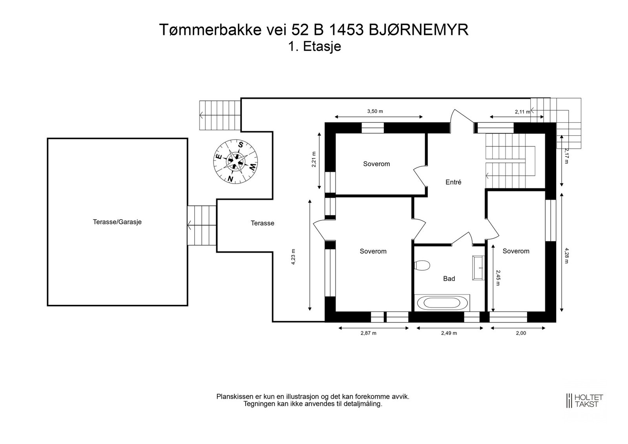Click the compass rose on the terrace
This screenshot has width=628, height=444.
tap(235, 162)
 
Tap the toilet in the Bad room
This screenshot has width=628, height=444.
tap(422, 265)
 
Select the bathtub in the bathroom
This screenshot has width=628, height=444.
tap(442, 303)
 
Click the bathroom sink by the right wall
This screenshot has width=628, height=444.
tap(478, 268)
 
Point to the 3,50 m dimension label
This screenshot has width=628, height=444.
tap(375, 111)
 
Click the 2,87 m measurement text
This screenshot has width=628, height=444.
tap(369, 333)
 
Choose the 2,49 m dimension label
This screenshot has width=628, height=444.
tap(449, 333)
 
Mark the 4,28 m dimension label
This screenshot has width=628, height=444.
tap(566, 256)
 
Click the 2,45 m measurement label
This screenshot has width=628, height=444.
tap(498, 278)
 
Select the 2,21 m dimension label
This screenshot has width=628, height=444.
tap(314, 160)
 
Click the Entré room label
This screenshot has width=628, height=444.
tap(453, 182)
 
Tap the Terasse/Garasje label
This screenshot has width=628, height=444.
tap(117, 222)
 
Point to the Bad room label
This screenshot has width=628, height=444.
tap(449, 278)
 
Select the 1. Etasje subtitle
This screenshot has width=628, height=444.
tap(314, 47)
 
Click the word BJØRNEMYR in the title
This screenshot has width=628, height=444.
tap(418, 30)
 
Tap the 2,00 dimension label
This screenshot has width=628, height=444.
tap(521, 333)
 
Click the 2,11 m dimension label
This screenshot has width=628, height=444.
tap(522, 112)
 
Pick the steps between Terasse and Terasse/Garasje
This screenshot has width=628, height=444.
tap(202, 226)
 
